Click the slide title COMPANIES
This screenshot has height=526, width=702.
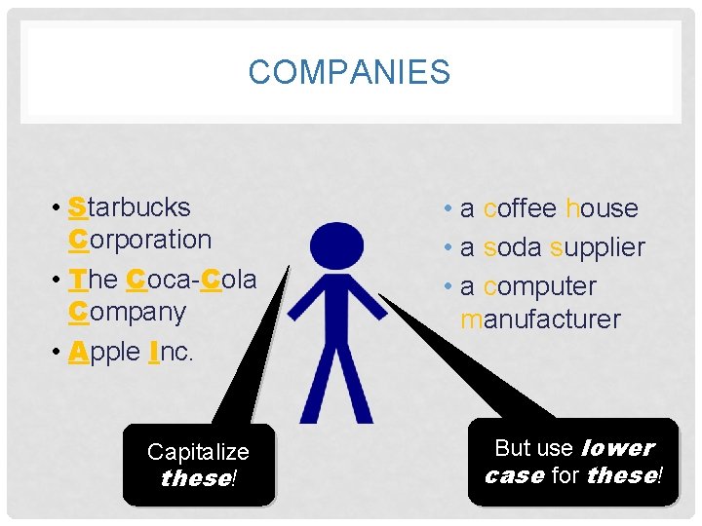point(349,72)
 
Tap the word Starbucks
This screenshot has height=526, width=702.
point(130,207)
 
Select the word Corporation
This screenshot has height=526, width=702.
point(139,240)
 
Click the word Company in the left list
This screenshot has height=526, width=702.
point(127,312)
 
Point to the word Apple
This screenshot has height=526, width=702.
point(104,352)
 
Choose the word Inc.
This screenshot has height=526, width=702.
point(172,352)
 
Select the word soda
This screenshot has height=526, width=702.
point(514,247)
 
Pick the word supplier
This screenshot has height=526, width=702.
point(597,248)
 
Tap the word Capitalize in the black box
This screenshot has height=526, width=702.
point(198,452)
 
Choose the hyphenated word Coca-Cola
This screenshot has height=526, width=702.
point(191,280)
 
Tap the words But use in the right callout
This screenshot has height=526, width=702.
point(533,448)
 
